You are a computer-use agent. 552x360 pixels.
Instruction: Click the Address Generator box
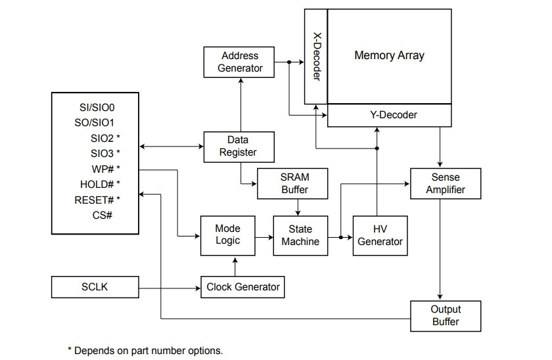point(239,62)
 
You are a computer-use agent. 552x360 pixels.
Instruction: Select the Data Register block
point(239,146)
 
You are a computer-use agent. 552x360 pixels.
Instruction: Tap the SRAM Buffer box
point(292,183)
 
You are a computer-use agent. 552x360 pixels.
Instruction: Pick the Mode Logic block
point(228,235)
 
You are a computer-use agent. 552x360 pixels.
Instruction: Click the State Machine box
point(301,235)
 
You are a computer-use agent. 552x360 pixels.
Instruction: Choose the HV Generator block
point(380,235)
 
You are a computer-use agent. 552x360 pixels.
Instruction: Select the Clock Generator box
point(242,287)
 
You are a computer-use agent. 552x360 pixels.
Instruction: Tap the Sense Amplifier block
point(446,183)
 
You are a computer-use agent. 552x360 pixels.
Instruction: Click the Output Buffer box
point(446,316)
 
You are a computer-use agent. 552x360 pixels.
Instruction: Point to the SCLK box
point(95,287)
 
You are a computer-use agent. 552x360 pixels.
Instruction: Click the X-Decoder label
point(317,56)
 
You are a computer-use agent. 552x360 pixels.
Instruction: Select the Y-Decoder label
point(394,115)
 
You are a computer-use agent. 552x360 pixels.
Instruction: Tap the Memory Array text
point(389,55)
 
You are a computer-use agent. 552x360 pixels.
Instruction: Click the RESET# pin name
point(94,200)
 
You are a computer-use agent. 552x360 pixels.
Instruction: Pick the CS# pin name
point(102,215)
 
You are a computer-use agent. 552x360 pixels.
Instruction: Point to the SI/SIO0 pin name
point(97,107)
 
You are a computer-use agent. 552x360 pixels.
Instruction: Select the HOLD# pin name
point(97,184)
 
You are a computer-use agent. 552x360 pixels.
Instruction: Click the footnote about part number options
point(145,351)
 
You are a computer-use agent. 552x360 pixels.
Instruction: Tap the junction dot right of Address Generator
point(289,62)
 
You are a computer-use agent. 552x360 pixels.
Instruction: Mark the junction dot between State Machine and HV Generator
point(341,237)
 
